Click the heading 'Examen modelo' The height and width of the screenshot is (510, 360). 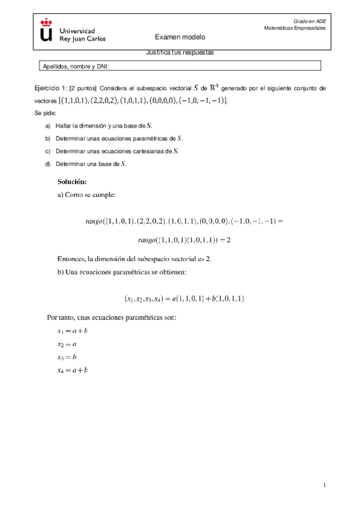click(x=180, y=37)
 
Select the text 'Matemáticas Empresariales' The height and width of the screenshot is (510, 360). click(x=294, y=28)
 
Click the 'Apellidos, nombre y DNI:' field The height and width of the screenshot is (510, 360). click(x=180, y=66)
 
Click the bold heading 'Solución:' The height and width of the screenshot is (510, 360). click(x=73, y=181)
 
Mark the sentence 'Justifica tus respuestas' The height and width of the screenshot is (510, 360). click(x=180, y=52)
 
